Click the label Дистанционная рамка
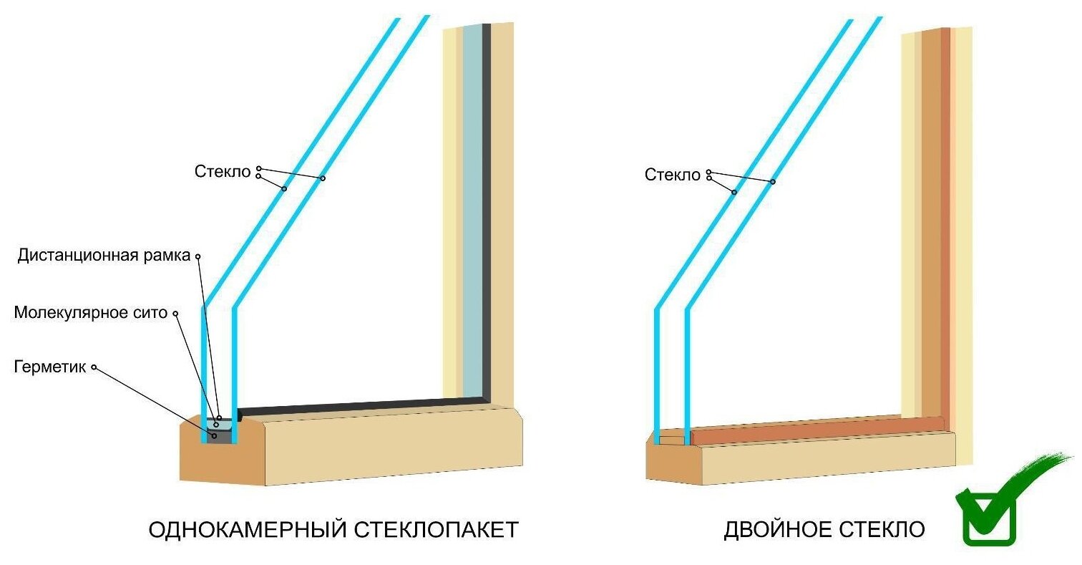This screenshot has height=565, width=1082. (x=104, y=256)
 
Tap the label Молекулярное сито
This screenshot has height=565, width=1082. (x=90, y=313)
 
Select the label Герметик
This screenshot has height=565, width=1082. (x=49, y=367)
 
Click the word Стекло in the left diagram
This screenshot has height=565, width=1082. (x=223, y=172)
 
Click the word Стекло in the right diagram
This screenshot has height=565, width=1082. (x=672, y=175)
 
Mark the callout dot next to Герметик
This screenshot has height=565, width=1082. (x=94, y=367)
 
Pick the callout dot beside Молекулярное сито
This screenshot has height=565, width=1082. (x=175, y=313)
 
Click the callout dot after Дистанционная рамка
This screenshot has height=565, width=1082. (x=198, y=256)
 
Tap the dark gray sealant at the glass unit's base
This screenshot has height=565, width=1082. (x=224, y=436)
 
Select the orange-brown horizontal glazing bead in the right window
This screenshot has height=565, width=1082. (x=816, y=428)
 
